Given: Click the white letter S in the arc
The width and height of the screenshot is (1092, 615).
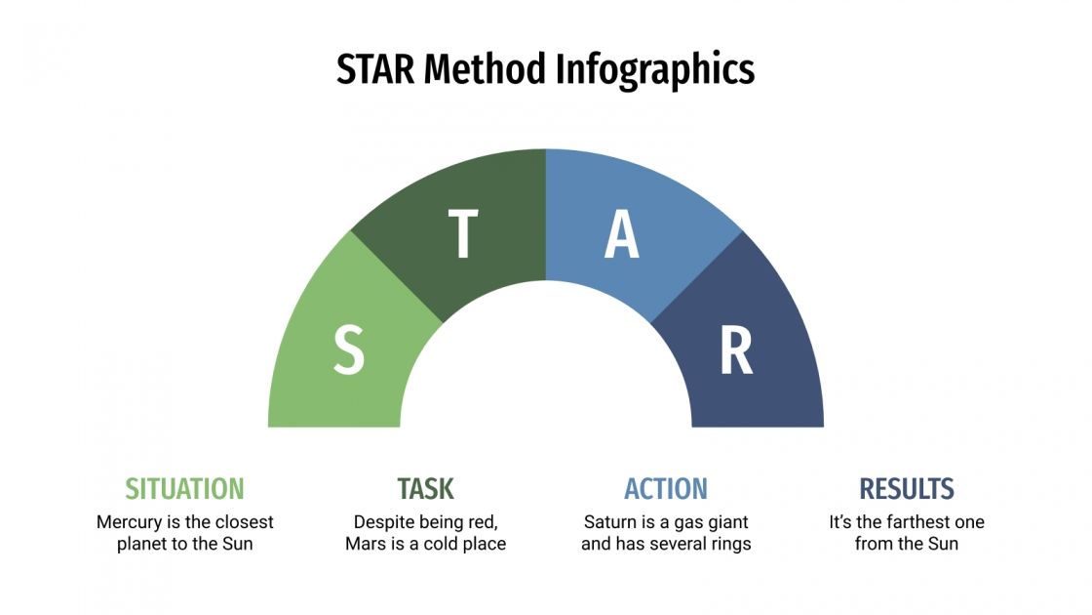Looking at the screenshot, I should pos(349,351).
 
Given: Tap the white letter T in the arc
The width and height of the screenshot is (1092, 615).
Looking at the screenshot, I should pos(462,234).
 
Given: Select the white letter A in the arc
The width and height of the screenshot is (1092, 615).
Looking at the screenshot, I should pos(622,234).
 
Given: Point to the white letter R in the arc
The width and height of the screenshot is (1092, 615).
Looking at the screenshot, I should pos(736,351).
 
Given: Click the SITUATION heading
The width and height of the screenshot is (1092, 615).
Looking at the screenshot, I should pos(184,488).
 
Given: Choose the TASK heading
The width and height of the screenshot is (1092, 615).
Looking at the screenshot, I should pos(425,488).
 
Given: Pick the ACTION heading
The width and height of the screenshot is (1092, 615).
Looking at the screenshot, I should pos(666,488).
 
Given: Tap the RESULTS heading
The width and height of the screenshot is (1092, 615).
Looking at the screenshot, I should pos(907,488).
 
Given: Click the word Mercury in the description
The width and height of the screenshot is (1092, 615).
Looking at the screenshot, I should pos(129,522).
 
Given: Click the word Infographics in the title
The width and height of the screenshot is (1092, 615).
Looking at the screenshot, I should pos(655,69).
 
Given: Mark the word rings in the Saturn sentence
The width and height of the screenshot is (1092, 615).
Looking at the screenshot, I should pos(728,544).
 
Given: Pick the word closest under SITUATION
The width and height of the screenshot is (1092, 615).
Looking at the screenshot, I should pos(243,522).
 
